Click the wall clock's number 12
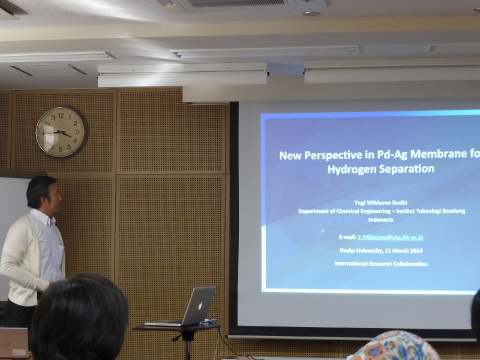coord(61,115)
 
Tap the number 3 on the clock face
coord(78,132)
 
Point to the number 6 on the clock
coord(61,149)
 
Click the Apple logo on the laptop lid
coord(200,305)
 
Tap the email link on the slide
coord(390,237)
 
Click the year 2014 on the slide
coord(416,251)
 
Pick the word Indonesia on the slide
coord(380,220)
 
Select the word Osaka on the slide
coord(347,250)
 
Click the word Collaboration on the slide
coord(410,264)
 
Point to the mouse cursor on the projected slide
coord(323,230)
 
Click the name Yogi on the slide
coord(359,203)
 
